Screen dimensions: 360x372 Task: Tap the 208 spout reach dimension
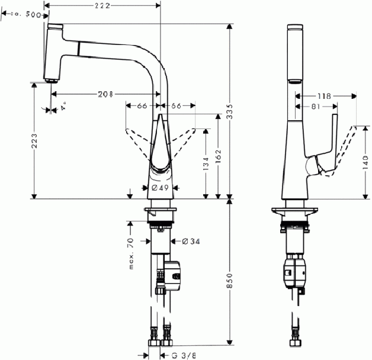click(x=107, y=94)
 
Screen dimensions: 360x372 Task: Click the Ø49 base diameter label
click(x=161, y=188)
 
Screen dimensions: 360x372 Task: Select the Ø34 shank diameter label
click(x=191, y=241)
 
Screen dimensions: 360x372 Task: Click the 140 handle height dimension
click(x=365, y=160)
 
